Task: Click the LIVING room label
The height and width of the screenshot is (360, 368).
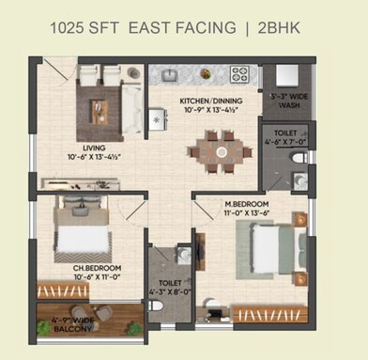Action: click(x=93, y=147)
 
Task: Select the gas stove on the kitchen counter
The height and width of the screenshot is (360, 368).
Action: click(x=239, y=73)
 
